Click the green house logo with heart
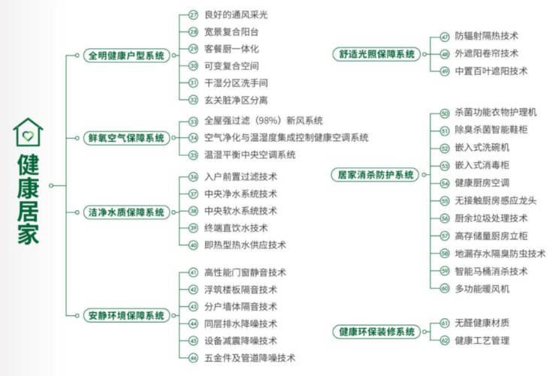pos(28,132)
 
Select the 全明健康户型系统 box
pos(126,56)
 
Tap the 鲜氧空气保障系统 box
pos(126,138)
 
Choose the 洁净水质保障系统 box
pos(126,212)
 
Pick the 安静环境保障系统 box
pos(126,315)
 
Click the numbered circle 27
pos(193,14)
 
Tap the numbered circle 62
pos(445,341)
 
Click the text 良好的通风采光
pos(236,14)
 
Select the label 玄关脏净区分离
pos(236,99)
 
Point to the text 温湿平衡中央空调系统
pos(249,155)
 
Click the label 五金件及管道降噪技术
pos(249,357)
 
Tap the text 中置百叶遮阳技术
pos(491,71)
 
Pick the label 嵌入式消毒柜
pos(482,165)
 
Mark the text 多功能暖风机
pos(482,288)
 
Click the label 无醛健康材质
pos(482,323)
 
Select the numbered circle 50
pos(445,113)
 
